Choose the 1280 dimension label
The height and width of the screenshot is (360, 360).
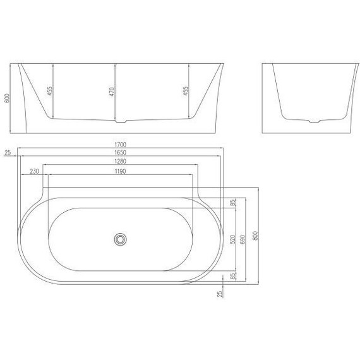point(121,162)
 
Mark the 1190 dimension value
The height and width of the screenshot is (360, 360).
point(121,171)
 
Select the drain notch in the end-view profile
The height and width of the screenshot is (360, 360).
point(314,121)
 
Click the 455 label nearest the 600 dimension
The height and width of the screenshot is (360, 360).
point(51,91)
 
